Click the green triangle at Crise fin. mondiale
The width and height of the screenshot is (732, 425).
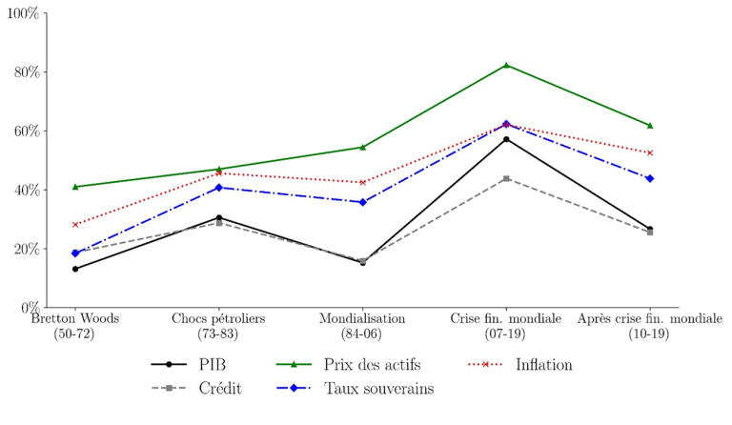click(506, 65)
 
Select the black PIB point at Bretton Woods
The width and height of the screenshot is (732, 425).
click(75, 269)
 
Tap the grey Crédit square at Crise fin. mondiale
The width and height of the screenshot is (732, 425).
click(506, 178)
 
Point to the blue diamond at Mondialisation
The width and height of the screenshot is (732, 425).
click(362, 202)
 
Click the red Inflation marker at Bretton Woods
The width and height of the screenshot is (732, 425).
click(75, 225)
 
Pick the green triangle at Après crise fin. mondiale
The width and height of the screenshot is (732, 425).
click(650, 125)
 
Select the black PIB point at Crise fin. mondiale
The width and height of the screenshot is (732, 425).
click(506, 139)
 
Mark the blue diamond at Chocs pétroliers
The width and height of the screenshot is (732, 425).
click(219, 188)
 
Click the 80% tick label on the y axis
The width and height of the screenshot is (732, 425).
click(22, 72)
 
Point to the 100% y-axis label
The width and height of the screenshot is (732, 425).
click(20, 13)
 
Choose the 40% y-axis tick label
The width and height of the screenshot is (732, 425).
click(22, 190)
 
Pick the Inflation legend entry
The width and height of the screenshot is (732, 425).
click(543, 364)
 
